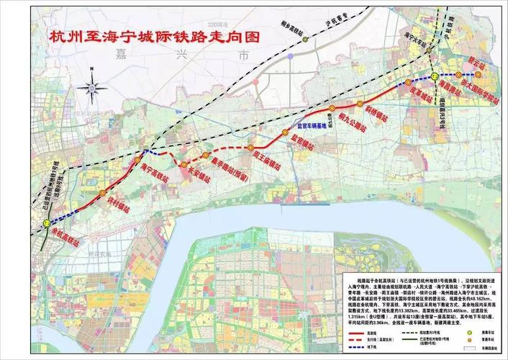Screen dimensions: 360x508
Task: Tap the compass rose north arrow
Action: [94, 89]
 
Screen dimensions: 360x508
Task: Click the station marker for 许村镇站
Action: [103, 193]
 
